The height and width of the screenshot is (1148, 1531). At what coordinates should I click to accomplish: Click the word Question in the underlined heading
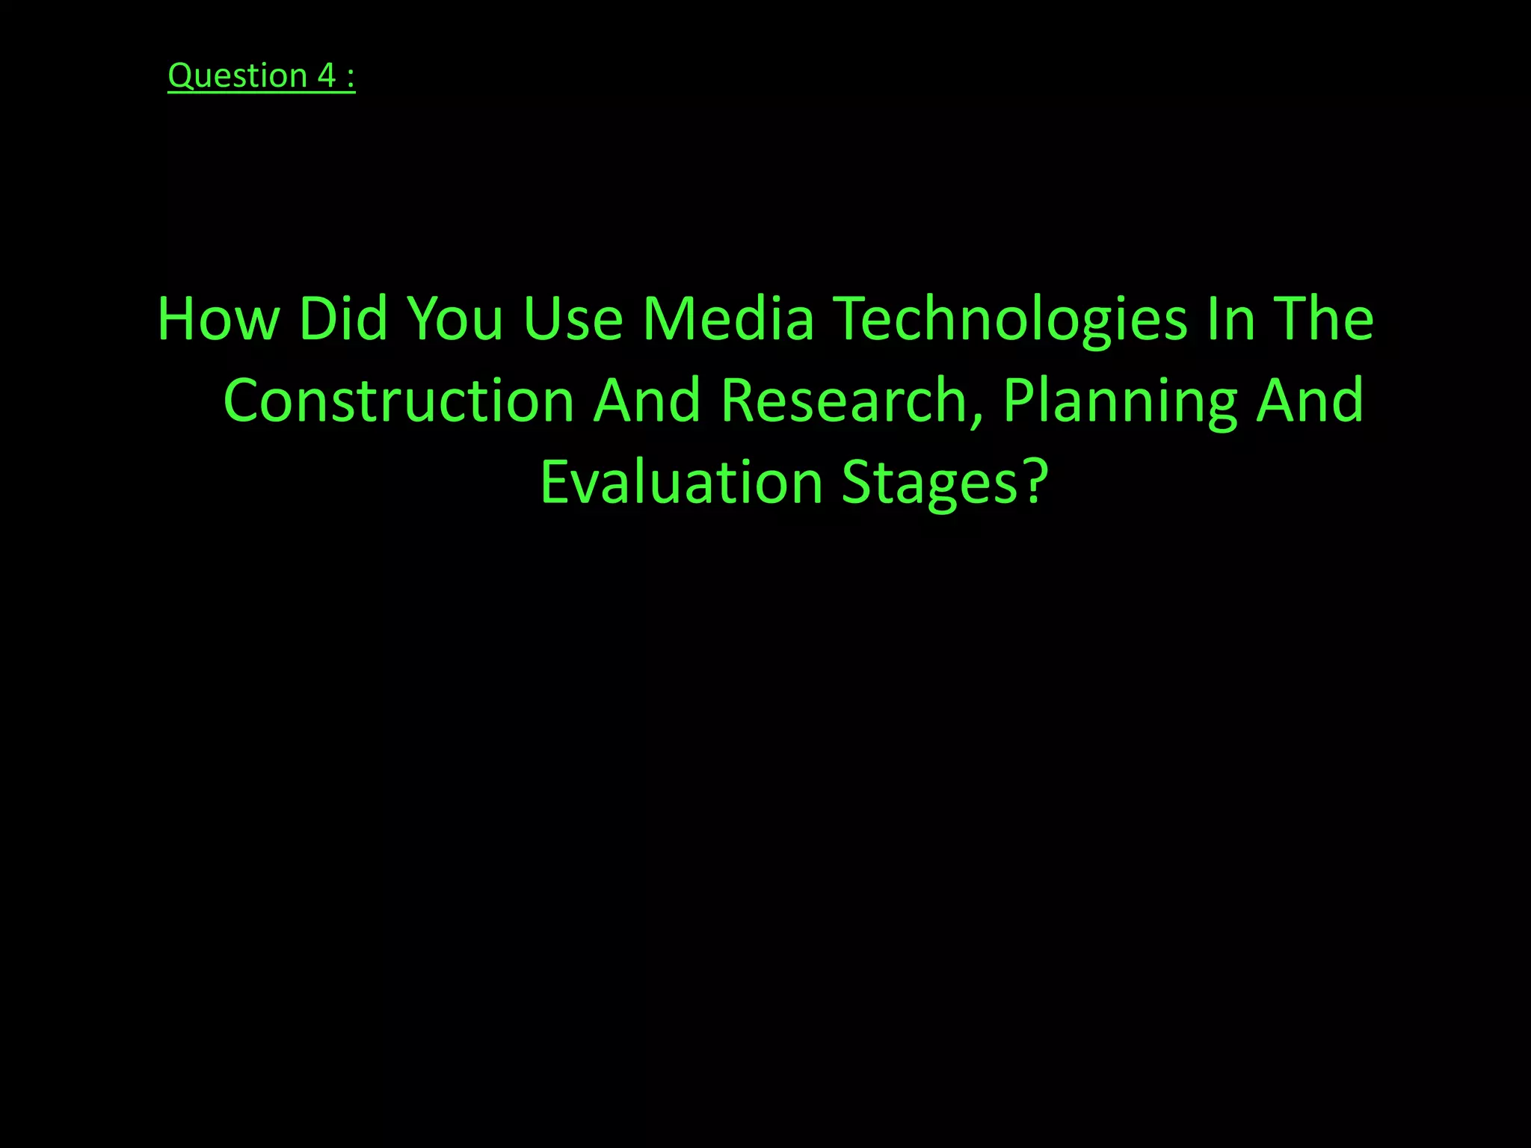point(237,76)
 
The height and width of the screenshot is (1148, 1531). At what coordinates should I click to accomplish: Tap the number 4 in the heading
point(327,76)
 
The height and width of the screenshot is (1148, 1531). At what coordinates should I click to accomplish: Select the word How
point(218,319)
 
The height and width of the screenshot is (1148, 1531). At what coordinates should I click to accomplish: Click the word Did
point(343,319)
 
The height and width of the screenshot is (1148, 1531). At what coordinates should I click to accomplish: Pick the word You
point(455,319)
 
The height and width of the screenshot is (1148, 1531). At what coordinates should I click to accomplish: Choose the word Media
point(728,319)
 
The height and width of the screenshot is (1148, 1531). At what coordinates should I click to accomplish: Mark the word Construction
point(398,401)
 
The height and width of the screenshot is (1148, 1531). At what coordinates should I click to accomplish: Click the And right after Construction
point(647,401)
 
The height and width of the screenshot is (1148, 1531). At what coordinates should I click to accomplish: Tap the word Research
point(844,401)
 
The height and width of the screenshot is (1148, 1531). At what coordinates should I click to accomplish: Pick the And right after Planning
point(1310,401)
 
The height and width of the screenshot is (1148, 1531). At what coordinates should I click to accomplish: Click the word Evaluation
point(682,483)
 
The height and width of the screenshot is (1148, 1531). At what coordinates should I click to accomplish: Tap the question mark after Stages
point(1035,483)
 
